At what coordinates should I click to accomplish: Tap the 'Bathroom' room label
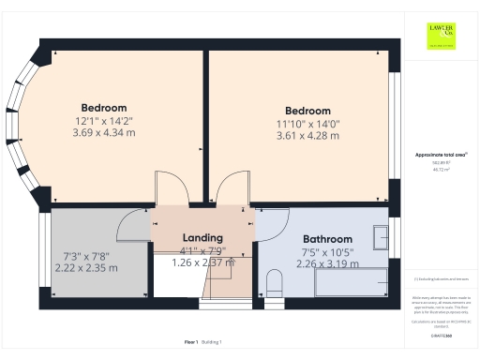[327, 239]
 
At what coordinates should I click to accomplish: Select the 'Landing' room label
[202, 238]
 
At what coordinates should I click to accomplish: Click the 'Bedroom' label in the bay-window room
[103, 108]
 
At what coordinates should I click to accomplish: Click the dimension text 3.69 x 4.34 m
[103, 133]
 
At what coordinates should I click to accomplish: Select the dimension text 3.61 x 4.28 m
[307, 136]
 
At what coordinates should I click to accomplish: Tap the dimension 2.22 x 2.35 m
[90, 268]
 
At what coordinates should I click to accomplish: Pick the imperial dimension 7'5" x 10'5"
[327, 252]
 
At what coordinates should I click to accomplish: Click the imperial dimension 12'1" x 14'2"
[104, 121]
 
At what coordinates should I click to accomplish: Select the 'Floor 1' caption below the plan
[190, 342]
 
